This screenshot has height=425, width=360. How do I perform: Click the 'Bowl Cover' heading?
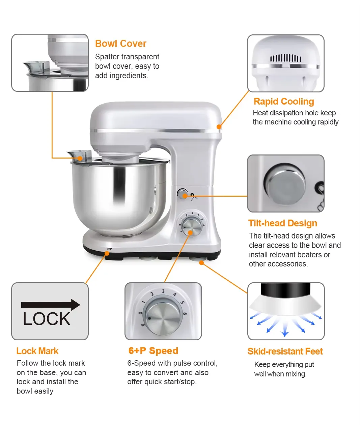coord(120,44)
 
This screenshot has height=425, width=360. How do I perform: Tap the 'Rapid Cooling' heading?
coord(284,102)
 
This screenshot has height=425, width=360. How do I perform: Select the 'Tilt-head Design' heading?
coord(283,223)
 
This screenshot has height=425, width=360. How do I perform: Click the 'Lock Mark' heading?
coord(37,351)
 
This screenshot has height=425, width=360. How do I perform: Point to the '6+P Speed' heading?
coord(153,351)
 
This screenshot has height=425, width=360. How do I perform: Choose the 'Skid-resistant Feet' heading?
coord(285,351)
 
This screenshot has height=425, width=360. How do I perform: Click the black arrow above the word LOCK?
coord(50,305)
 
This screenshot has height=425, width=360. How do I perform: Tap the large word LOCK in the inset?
coord(47,319)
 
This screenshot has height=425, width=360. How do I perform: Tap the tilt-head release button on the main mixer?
coord(182,194)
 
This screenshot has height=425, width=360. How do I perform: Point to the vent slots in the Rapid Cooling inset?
coord(285,58)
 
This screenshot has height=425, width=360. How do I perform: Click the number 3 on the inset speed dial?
coord(163,291)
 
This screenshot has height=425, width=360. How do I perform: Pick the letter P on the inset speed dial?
coord(143,325)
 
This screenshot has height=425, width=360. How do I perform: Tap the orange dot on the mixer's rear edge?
coord(219,127)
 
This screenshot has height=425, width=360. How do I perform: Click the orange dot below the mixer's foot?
coord(201,263)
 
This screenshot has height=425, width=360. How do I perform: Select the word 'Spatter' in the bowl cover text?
coord(107,57)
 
